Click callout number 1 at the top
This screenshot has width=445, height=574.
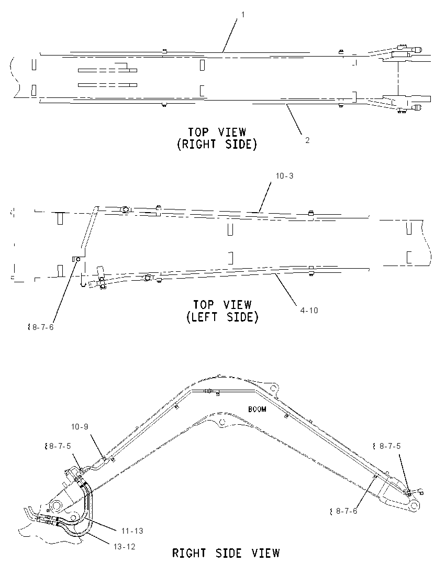click(x=242, y=15)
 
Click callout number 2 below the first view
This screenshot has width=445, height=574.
click(x=307, y=140)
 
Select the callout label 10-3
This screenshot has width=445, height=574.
click(x=284, y=176)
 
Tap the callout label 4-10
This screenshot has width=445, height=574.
click(x=309, y=311)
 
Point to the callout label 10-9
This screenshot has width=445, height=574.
click(x=80, y=427)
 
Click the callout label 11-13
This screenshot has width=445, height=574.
click(x=132, y=531)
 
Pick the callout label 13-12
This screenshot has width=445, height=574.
click(x=125, y=547)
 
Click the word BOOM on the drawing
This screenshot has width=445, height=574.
click(x=257, y=409)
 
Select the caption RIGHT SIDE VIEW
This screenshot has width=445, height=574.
click(x=226, y=553)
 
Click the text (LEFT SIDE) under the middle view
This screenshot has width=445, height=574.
click(x=222, y=316)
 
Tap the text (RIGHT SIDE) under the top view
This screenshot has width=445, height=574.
click(x=217, y=144)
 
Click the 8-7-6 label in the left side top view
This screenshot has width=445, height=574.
click(x=43, y=327)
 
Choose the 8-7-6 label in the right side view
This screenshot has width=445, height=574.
click(x=346, y=511)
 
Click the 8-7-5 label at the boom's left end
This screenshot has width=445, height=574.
click(x=60, y=446)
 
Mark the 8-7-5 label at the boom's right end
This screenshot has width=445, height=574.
click(x=390, y=446)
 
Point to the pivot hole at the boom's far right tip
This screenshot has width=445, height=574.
click(x=415, y=505)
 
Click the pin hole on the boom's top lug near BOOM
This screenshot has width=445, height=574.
click(x=272, y=388)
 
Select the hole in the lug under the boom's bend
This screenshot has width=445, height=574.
click(x=221, y=423)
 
